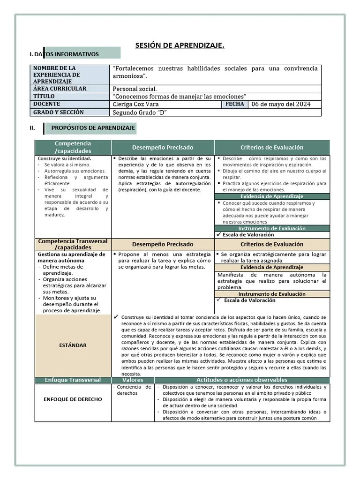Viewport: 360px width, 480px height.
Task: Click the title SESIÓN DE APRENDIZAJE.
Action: (180, 45)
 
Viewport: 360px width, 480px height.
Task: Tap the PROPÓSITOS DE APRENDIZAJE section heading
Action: (93, 127)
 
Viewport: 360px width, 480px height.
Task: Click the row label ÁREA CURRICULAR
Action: (60, 89)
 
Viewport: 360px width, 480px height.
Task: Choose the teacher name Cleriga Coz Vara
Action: (136, 104)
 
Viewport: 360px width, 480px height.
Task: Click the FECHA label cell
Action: (234, 104)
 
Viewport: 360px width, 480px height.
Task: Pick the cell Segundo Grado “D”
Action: (140, 112)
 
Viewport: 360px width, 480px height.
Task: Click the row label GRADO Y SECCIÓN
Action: (59, 112)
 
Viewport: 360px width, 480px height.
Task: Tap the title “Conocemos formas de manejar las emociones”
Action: (180, 97)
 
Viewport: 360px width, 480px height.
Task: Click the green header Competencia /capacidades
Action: (73, 147)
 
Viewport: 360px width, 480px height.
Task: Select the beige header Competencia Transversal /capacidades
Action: (73, 244)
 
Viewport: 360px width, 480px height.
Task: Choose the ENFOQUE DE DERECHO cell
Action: (72, 399)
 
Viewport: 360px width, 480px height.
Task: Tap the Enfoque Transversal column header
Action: (72, 380)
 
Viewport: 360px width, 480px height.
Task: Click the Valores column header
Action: (132, 380)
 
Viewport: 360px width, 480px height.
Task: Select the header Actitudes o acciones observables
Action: (242, 380)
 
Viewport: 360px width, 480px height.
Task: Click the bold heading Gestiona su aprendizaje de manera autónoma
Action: (71, 257)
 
